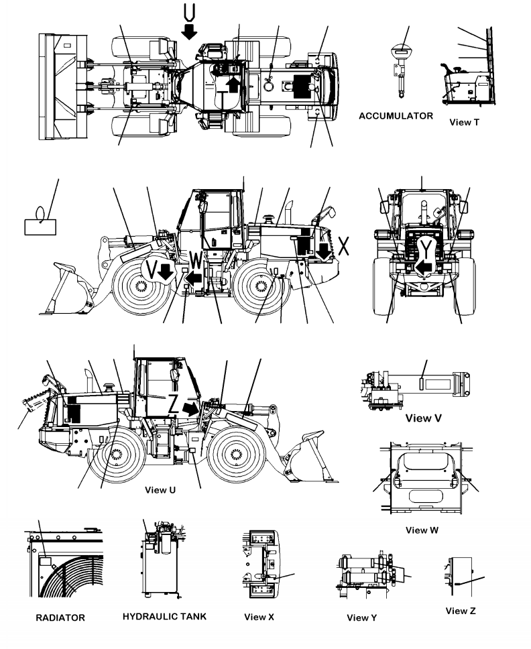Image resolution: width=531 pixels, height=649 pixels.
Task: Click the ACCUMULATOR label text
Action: coord(396,116)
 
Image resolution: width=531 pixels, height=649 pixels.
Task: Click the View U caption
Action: coord(160,489)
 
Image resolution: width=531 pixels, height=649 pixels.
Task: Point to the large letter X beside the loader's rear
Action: coord(344,247)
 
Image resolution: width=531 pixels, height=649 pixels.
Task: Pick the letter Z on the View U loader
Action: coord(174,404)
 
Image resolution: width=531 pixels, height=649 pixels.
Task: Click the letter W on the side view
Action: coord(195,259)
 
